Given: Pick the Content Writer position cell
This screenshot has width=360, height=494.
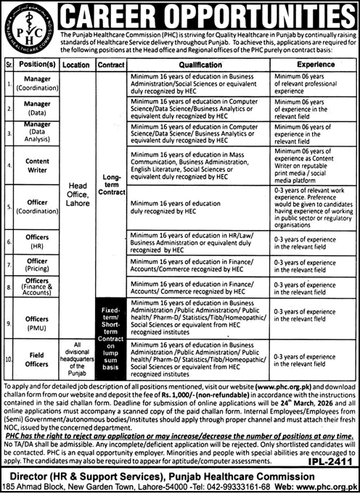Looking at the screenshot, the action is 37,166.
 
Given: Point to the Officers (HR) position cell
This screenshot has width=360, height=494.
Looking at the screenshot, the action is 37,243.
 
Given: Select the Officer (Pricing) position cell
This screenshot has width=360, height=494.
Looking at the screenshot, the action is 37,265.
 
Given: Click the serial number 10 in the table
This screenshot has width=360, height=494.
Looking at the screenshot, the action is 9,358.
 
